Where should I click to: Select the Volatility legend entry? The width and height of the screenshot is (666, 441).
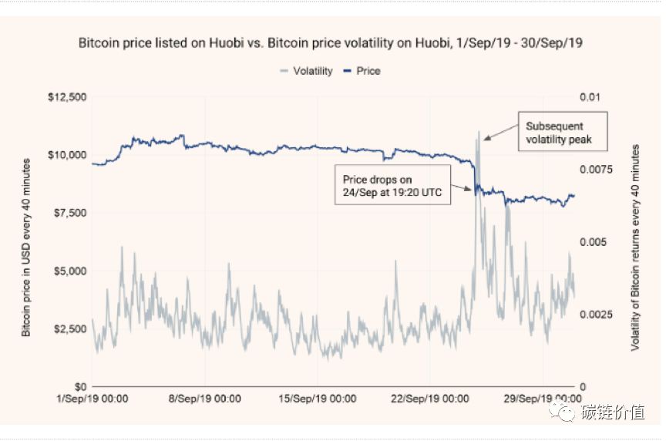[306, 71]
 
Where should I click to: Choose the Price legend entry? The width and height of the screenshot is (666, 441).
[362, 71]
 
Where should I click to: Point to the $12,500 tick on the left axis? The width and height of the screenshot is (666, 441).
[67, 97]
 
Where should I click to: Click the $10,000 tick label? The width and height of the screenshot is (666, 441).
[67, 155]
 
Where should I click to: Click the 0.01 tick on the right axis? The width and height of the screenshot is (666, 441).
[589, 97]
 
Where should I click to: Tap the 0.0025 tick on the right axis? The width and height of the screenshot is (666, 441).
[594, 315]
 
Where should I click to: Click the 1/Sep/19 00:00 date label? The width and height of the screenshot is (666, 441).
[92, 399]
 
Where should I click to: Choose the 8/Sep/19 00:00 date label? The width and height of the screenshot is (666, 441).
[206, 399]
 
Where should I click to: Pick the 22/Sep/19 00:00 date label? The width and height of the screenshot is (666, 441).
[432, 399]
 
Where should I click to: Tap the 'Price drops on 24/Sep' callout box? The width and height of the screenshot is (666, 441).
[392, 186]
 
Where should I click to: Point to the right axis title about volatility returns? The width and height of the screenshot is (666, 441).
[636, 241]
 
